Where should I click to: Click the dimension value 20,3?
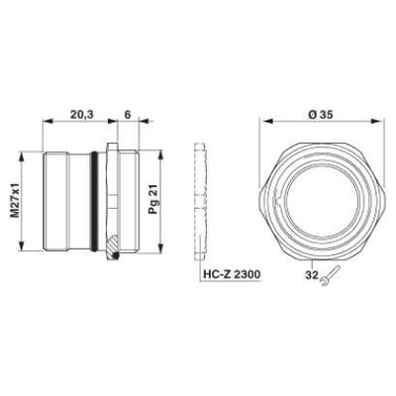pyautogui.click(x=83, y=115)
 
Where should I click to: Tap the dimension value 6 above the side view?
pyautogui.click(x=128, y=115)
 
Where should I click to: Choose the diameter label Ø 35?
pyautogui.click(x=319, y=115)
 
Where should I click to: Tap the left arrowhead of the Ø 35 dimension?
pyautogui.click(x=262, y=125)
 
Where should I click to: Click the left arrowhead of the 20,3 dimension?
pyautogui.click(x=43, y=125)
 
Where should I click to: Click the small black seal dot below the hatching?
pyautogui.click(x=117, y=259)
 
